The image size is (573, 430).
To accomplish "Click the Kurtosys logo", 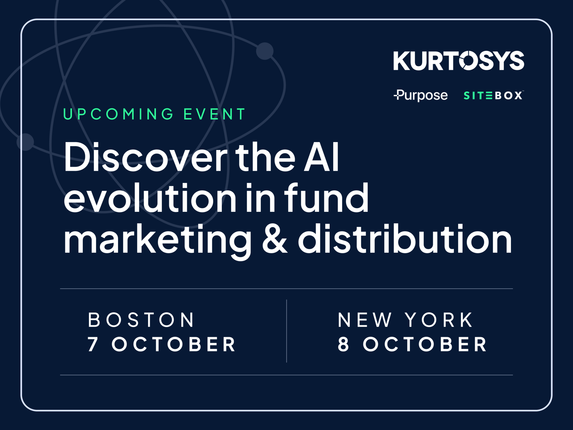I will coord(459,60).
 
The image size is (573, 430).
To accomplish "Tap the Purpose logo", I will coord(421,95).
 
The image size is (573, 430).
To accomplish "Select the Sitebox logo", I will coord(493,96).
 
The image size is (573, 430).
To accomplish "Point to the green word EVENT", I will coord(214,114).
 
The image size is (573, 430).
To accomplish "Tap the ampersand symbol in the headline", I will coord(274,240).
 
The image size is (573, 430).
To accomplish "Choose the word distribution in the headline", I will coord(405,239).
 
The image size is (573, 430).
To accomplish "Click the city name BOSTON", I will coord(141,320).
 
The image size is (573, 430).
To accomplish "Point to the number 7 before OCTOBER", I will coord(93,344).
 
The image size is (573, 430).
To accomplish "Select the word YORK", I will coord(439,320).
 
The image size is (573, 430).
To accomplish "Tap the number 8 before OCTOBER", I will coord(343,344).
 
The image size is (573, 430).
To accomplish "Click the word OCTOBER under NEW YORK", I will coord(425,344).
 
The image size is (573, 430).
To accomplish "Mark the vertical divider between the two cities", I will coord(286,331).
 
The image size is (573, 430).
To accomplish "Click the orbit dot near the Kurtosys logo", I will coord(265,51).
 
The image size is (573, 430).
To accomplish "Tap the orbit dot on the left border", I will coord(25,142).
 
